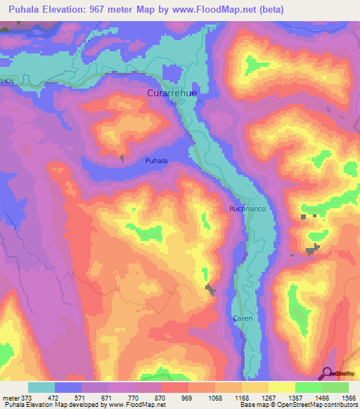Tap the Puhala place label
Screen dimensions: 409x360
[155, 161]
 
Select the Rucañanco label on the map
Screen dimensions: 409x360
[245, 209]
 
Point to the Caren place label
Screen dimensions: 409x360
[242, 318]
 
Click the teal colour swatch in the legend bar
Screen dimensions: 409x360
[41, 387]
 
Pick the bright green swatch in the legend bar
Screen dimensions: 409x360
[308, 387]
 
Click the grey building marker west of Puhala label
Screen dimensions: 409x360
[122, 158]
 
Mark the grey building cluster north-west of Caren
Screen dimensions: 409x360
[210, 289]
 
